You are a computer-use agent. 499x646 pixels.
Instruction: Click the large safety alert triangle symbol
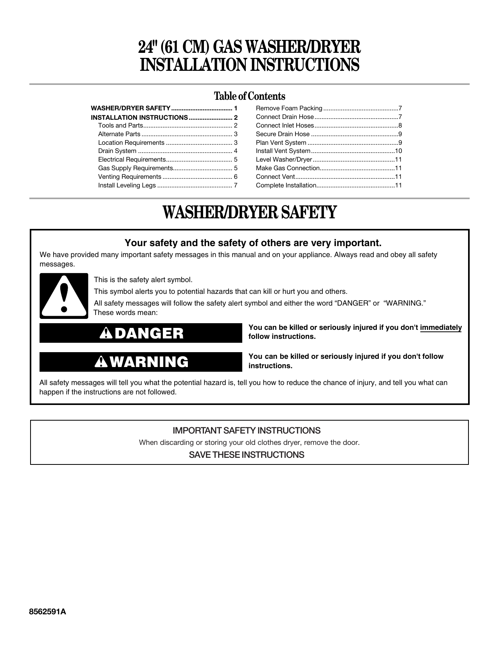pos(64,296)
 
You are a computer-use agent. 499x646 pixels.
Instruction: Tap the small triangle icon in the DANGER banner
pos(106,333)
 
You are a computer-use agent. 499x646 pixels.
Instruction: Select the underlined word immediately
pos(441,327)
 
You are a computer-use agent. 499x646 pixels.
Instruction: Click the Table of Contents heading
pos(249,96)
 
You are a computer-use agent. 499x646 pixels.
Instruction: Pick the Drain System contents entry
pos(117,151)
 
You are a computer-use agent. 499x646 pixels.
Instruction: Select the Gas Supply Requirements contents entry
pos(135,168)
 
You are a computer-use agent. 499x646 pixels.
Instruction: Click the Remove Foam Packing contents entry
pos(289,108)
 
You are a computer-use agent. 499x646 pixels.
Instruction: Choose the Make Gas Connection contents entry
pos(288,168)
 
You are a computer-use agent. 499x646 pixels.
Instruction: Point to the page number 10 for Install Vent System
pos(398,151)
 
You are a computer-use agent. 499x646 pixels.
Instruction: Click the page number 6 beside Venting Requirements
pos(236,177)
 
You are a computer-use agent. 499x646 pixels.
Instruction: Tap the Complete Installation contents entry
pos(286,185)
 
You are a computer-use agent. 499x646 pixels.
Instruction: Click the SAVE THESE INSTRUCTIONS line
pos(246,455)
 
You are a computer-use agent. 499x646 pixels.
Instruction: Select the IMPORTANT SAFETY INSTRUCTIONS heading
pos(246,431)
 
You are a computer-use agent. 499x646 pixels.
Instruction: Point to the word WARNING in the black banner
pos(149,362)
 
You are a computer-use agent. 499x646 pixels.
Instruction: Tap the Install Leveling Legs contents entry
pos(127,185)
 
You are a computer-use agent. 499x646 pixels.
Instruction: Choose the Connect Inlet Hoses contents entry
pos(285,126)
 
